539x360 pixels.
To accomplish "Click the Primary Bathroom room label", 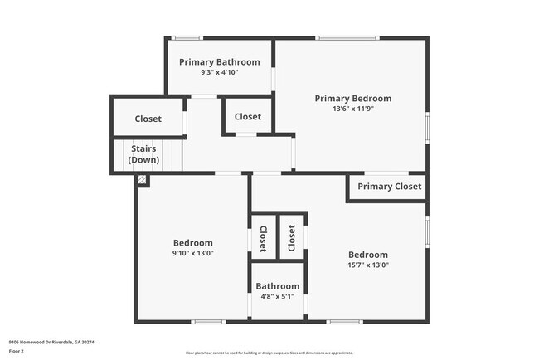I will pyautogui.click(x=219, y=62).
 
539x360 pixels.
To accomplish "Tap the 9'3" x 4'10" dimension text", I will pyautogui.click(x=219, y=73).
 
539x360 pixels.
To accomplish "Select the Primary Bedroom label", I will pyautogui.click(x=352, y=99).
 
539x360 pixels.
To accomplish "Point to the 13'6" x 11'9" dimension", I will pyautogui.click(x=352, y=109).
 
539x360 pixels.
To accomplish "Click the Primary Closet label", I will pyautogui.click(x=389, y=187).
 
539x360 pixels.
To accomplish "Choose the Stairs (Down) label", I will pyautogui.click(x=143, y=154).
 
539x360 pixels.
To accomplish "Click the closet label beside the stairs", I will pyautogui.click(x=148, y=119).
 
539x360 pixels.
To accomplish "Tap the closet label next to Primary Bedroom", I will pyautogui.click(x=247, y=117).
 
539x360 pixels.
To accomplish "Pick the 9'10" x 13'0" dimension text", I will pyautogui.click(x=192, y=254).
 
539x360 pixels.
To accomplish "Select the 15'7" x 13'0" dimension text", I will pyautogui.click(x=367, y=265).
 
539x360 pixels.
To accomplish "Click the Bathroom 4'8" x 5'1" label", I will pyautogui.click(x=277, y=291).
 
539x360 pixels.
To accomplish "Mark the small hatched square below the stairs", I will pyautogui.click(x=143, y=178).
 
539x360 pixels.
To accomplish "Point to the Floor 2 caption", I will pyautogui.click(x=17, y=352).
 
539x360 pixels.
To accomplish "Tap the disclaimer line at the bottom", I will pyautogui.click(x=269, y=353).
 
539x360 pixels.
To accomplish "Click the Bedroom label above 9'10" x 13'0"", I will pyautogui.click(x=192, y=243).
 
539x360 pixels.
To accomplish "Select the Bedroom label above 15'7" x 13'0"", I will pyautogui.click(x=367, y=255).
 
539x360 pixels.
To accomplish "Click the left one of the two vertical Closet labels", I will pyautogui.click(x=263, y=238).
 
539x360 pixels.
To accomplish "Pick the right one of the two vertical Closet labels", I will pyautogui.click(x=291, y=238).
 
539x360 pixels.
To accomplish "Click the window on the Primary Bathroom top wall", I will pyautogui.click(x=187, y=37).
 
